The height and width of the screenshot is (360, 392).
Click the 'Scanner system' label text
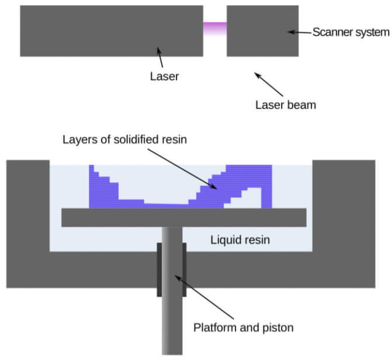[x=351, y=32]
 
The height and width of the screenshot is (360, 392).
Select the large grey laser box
[x=111, y=31]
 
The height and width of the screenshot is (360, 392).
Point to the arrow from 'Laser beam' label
[x=268, y=84]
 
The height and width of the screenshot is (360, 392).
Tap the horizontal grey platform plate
[x=183, y=217]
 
